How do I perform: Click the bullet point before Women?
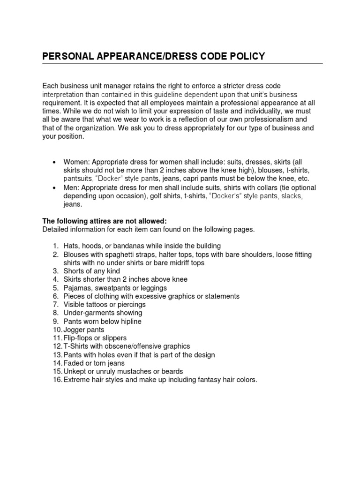tap(55, 162)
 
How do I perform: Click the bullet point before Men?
tap(55, 187)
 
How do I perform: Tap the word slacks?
tap(291, 196)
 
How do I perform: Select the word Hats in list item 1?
tap(71, 246)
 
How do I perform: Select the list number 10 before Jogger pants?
tap(57, 330)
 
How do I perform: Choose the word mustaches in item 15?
tap(132, 371)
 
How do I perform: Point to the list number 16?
tap(57, 380)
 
